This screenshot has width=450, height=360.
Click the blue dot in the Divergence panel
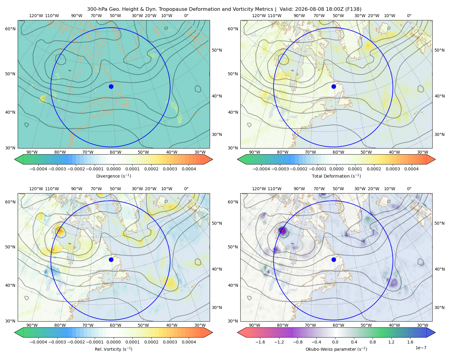(x=111, y=86)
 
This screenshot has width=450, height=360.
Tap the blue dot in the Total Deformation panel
(x=334, y=86)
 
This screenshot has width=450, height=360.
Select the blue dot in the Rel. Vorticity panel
(x=111, y=259)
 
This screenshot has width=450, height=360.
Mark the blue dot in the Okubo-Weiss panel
(x=334, y=259)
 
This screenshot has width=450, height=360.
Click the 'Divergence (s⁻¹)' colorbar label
(x=113, y=176)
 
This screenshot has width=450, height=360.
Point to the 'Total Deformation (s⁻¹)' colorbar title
(x=336, y=176)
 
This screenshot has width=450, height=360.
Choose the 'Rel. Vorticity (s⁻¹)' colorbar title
(x=113, y=349)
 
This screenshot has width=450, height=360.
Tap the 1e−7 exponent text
(x=421, y=348)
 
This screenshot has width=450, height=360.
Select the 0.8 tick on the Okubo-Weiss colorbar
(x=372, y=342)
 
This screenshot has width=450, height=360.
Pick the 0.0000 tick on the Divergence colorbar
(x=113, y=169)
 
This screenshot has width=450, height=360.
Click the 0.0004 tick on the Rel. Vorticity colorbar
(x=189, y=342)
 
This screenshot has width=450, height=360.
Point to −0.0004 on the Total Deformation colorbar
(x=261, y=169)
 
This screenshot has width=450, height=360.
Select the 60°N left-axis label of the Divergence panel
(x=10, y=29)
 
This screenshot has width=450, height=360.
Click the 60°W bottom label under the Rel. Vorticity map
(x=115, y=325)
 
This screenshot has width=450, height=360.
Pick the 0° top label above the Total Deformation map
(x=409, y=16)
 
